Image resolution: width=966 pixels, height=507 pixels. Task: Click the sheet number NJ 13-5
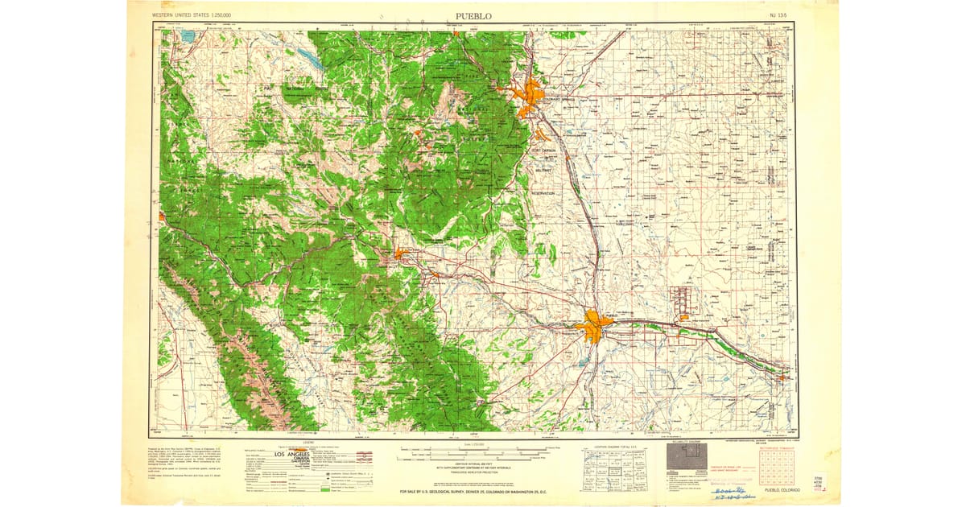778,15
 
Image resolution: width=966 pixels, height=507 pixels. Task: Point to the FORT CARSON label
543,150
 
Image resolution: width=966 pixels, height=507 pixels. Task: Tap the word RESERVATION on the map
543,193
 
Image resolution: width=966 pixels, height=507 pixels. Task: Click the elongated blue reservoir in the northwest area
309,59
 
